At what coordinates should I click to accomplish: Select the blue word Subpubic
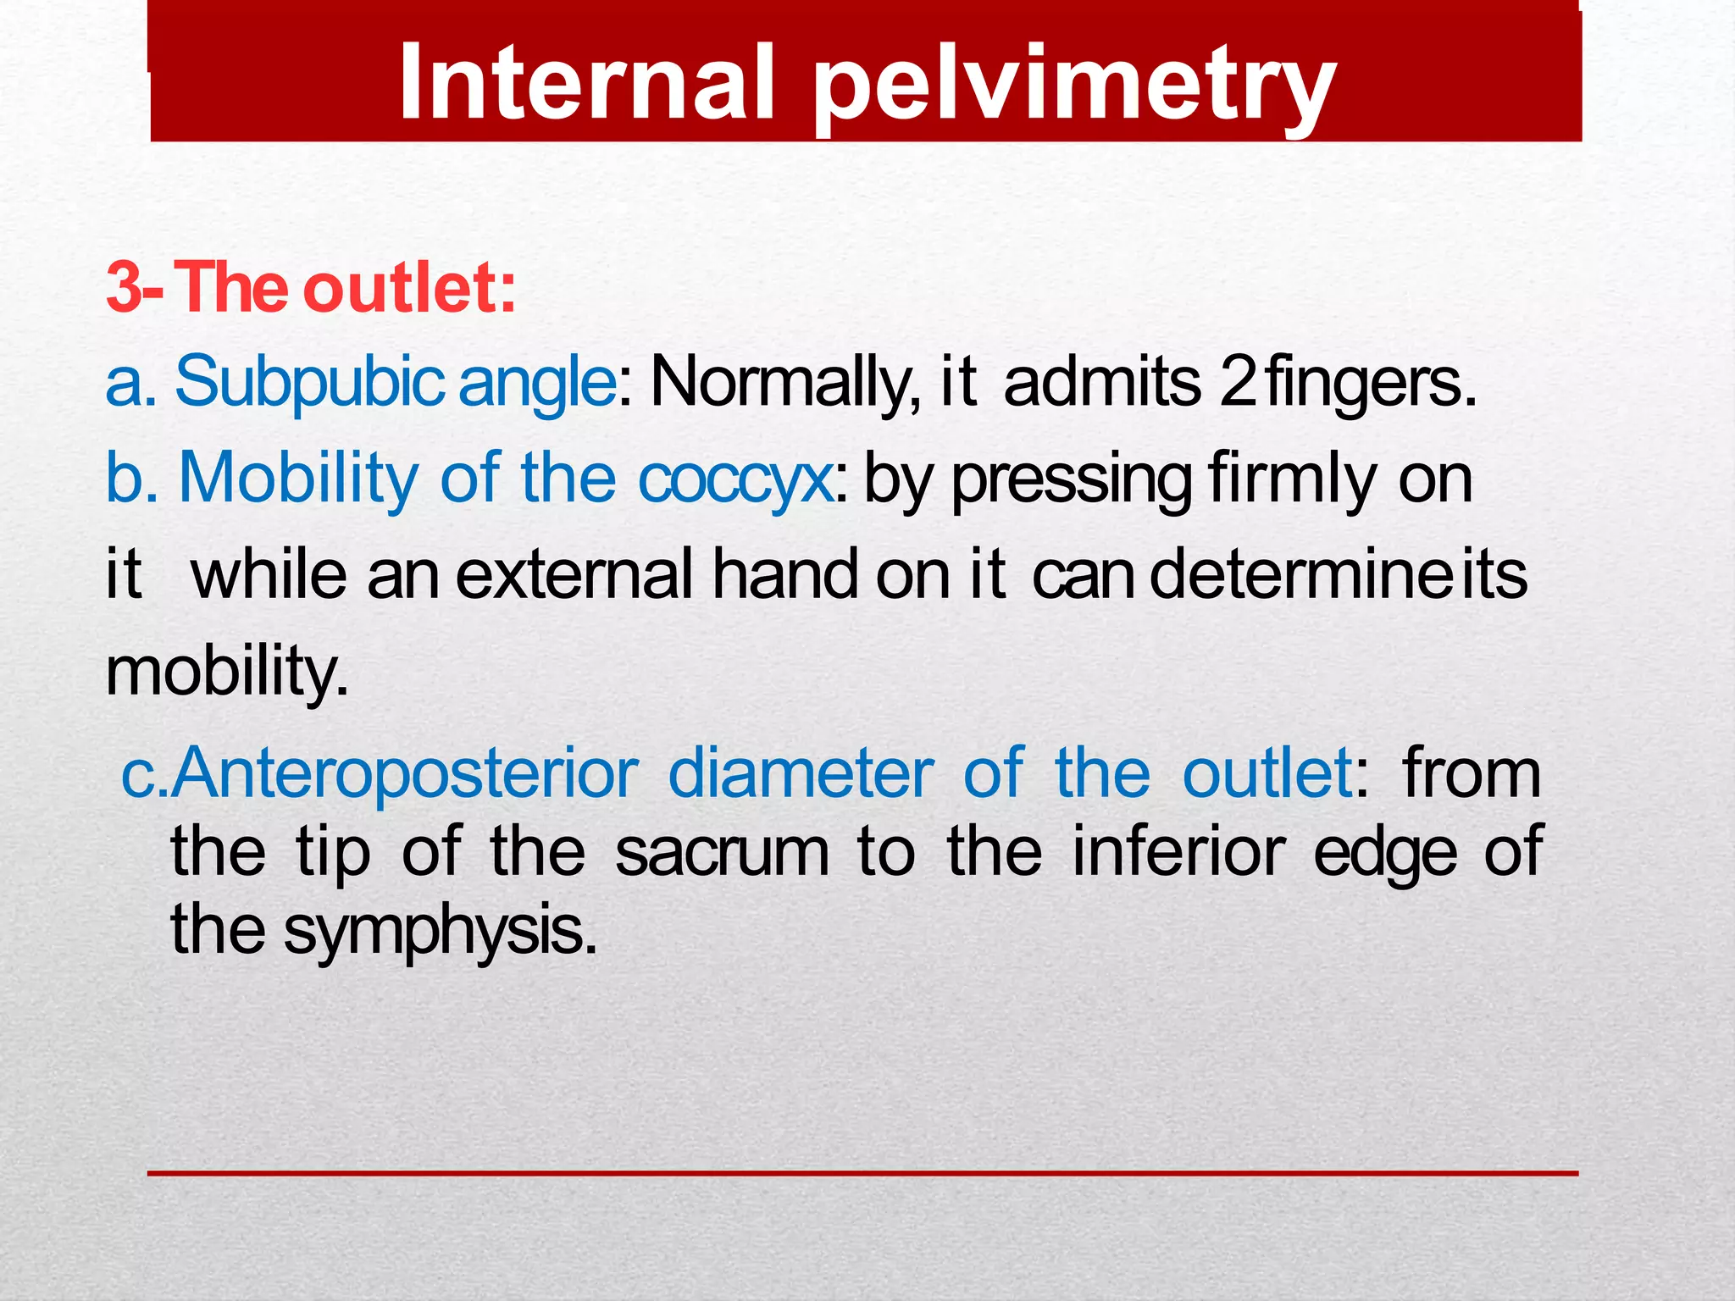308,383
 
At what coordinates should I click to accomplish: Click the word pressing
1072,481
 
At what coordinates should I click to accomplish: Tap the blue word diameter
801,772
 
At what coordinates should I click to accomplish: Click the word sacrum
722,852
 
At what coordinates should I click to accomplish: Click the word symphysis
440,930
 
